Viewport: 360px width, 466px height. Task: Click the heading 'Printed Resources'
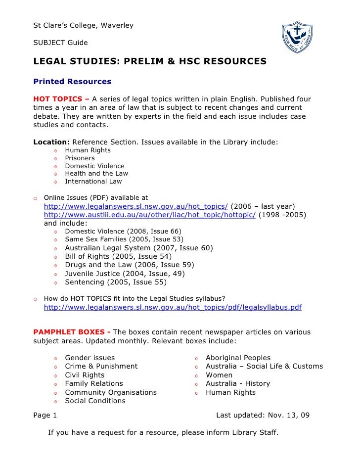tap(72, 82)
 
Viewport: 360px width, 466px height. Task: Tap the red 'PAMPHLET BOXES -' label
tap(72, 331)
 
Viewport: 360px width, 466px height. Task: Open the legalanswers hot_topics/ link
tap(136, 206)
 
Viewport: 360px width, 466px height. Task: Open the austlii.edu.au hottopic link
tap(150, 215)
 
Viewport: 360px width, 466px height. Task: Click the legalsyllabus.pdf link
tap(173, 307)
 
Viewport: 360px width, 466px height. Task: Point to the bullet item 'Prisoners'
tap(80, 158)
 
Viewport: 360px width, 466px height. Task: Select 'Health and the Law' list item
tap(96, 174)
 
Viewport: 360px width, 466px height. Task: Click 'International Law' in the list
tap(93, 182)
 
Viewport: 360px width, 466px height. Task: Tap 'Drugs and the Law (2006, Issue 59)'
tap(130, 265)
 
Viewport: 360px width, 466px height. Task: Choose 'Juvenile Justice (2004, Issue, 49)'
tap(131, 274)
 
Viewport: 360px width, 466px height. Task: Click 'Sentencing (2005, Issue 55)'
tap(116, 282)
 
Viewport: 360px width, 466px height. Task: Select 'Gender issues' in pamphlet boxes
tap(90, 358)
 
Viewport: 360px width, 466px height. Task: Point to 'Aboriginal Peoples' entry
tap(238, 358)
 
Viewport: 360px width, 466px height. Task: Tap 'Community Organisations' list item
tap(111, 392)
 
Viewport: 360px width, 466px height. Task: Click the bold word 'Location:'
tap(51, 142)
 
